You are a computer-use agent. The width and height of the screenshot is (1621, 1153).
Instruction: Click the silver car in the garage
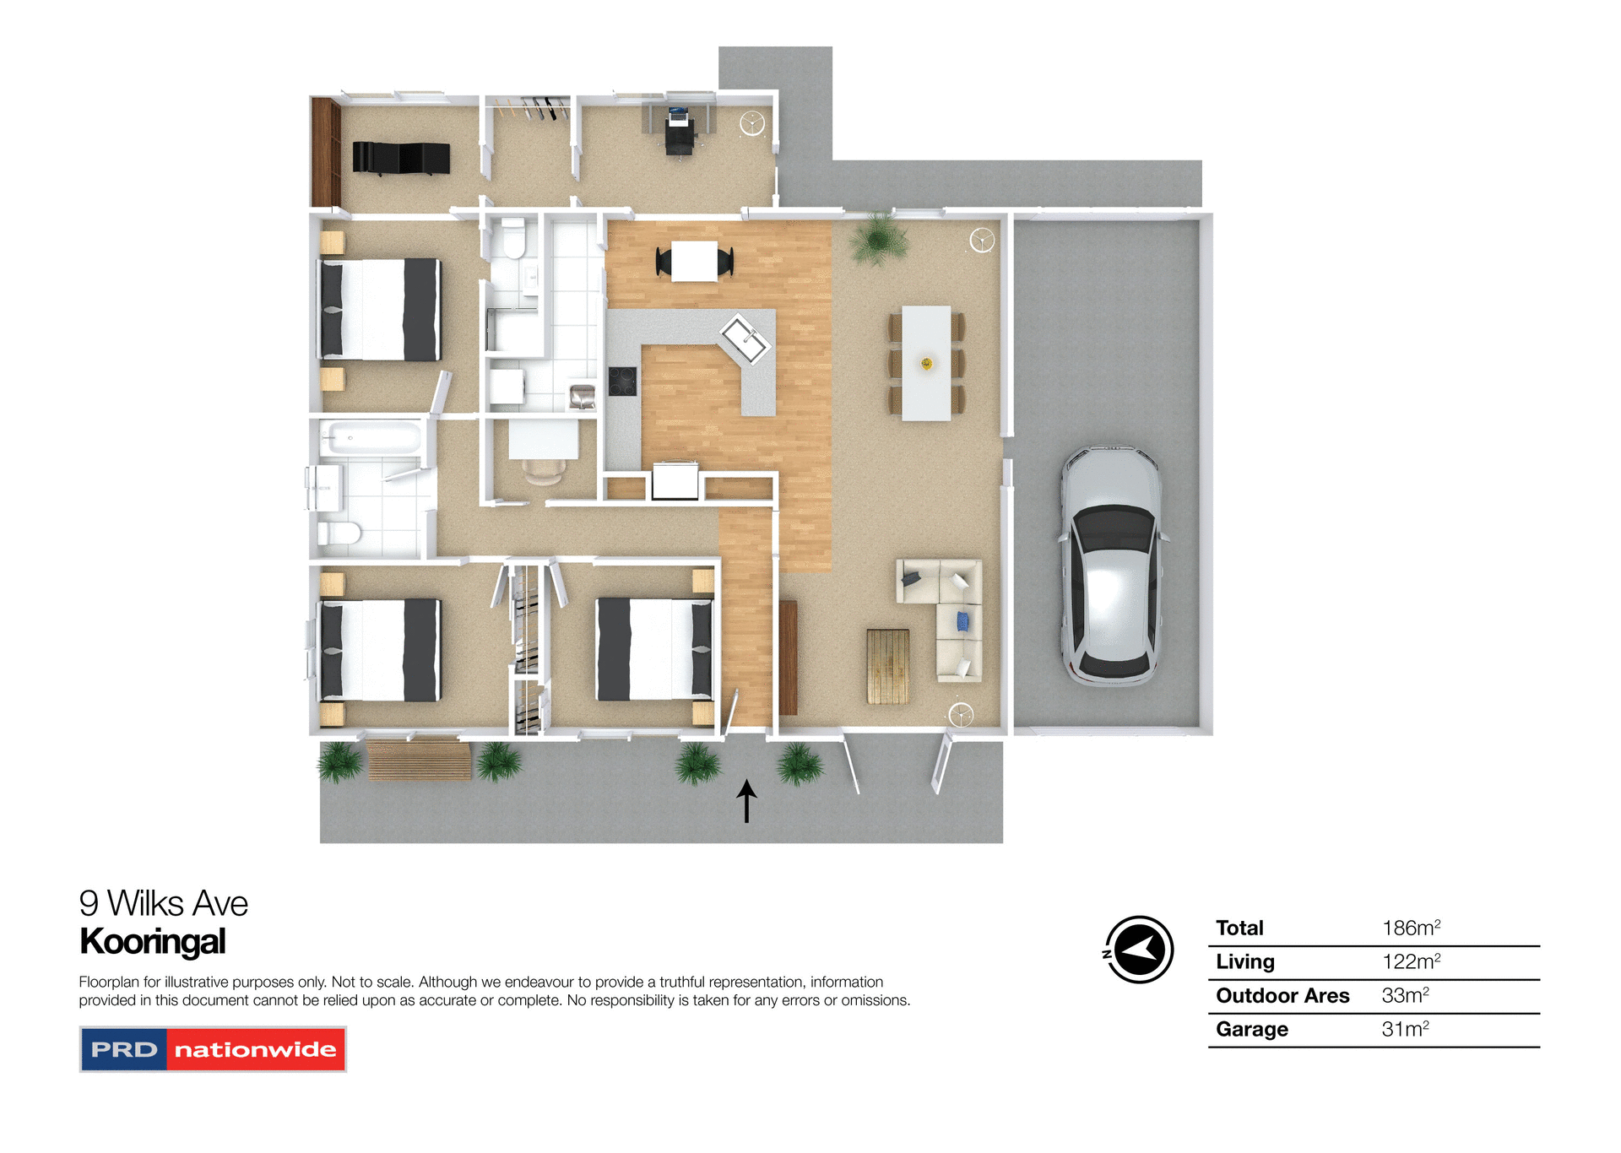[1111, 566]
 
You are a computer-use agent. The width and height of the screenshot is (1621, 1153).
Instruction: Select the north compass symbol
[1139, 950]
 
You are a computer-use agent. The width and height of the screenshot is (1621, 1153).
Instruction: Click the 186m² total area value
[1411, 928]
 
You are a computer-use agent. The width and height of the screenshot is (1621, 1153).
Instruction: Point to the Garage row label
[1251, 1029]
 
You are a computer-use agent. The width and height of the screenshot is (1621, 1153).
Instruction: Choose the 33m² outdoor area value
[1405, 995]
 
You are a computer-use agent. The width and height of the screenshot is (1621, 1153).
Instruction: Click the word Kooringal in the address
[153, 941]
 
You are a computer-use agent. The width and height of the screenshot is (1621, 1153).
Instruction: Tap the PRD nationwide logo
[213, 1049]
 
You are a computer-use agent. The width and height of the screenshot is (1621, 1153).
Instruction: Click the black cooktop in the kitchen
[623, 381]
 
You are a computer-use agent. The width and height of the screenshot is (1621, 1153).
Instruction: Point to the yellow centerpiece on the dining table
[926, 364]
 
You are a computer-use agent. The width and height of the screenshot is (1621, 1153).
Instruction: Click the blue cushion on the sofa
[962, 622]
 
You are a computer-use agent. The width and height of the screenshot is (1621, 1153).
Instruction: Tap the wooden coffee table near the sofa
[888, 666]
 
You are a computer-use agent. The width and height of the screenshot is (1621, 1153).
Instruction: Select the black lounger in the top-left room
[400, 158]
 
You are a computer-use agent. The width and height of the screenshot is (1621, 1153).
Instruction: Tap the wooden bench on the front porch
[419, 759]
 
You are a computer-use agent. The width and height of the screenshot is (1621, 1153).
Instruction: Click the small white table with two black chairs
[694, 262]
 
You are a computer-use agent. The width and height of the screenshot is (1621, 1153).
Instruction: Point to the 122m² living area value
[1411, 961]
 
